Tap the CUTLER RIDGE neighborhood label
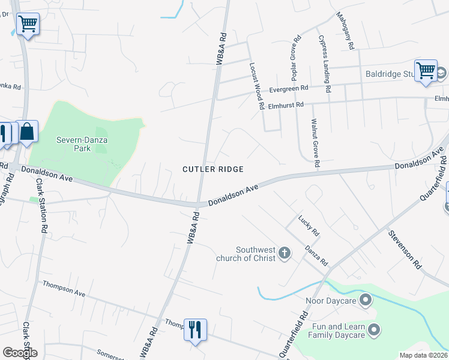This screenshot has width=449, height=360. tap(213, 170)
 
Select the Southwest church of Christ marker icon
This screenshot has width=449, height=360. tap(285, 254)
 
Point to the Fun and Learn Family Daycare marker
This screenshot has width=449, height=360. tap(374, 329)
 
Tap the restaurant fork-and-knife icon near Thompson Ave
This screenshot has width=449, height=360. tap(195, 329)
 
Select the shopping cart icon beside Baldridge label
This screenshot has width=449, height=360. tap(426, 70)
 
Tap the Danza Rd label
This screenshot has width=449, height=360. tap(316, 255)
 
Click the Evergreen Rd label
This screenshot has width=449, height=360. tap(288, 88)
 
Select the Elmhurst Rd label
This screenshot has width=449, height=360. tap(286, 104)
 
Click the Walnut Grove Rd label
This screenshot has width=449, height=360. tap(315, 143)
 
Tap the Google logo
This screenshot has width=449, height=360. tap(20, 353)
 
